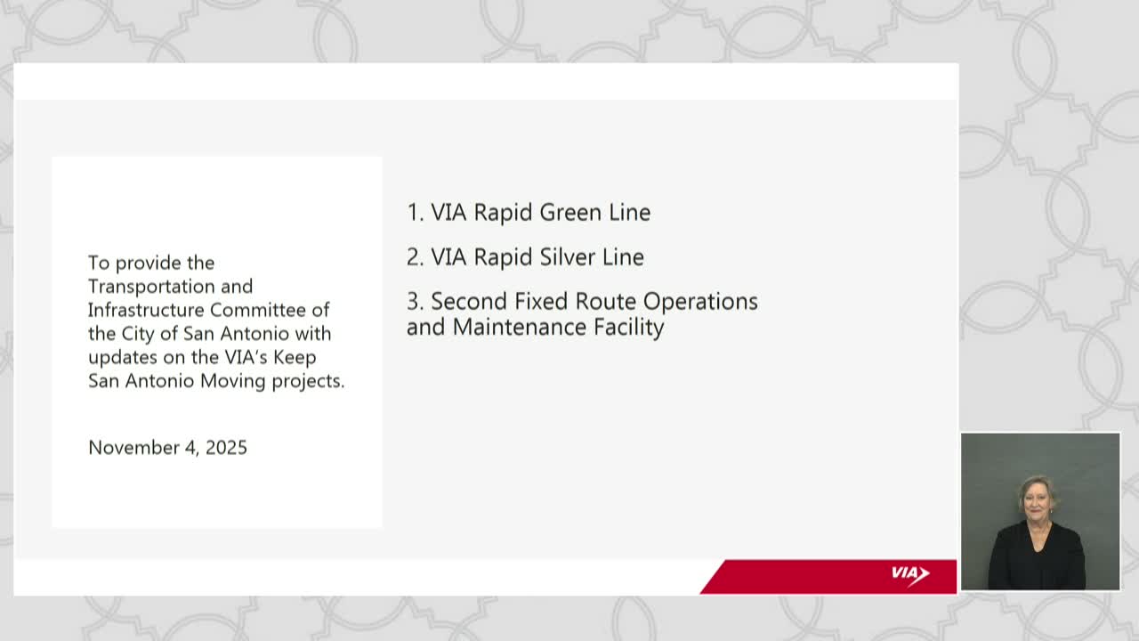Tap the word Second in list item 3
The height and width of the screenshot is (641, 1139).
tap(469, 301)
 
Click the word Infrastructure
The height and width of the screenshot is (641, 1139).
tap(147, 310)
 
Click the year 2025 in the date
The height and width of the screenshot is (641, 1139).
tap(226, 447)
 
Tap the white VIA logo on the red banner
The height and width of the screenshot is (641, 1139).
tap(909, 575)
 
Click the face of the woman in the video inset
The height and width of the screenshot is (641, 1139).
tap(1038, 500)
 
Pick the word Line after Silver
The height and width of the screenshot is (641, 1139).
tap(623, 256)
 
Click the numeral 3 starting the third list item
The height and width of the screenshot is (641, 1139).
tap(413, 301)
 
